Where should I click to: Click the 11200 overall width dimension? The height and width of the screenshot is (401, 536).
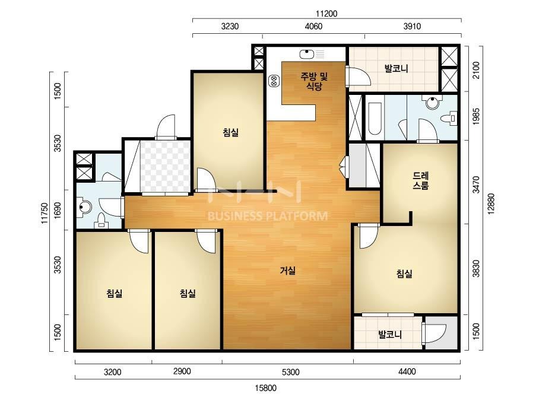pyautogui.click(x=326, y=14)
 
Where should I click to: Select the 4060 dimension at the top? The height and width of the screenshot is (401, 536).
pyautogui.click(x=313, y=26)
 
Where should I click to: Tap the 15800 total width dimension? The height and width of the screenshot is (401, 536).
pyautogui.click(x=265, y=388)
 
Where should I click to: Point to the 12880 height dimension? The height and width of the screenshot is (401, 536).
pyautogui.click(x=491, y=203)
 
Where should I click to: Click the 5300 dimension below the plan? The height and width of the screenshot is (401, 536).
pyautogui.click(x=291, y=372)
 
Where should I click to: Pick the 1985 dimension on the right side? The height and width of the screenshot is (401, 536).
pyautogui.click(x=476, y=116)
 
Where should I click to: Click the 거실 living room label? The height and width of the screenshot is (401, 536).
pyautogui.click(x=287, y=271)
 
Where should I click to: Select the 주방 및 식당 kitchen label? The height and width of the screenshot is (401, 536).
pyautogui.click(x=314, y=81)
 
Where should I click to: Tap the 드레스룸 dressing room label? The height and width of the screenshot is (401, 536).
pyautogui.click(x=420, y=181)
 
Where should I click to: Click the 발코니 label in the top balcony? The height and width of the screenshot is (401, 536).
pyautogui.click(x=396, y=68)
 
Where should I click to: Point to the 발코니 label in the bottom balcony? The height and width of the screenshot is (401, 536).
pyautogui.click(x=390, y=334)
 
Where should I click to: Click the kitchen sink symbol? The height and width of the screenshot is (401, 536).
pyautogui.click(x=307, y=54)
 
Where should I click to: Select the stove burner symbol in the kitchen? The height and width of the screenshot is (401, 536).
pyautogui.click(x=274, y=81)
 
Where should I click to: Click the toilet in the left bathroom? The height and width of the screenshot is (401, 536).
pyautogui.click(x=101, y=220)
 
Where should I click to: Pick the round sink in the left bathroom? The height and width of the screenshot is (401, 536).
pyautogui.click(x=84, y=206)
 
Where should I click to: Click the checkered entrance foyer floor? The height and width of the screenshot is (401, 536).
pyautogui.click(x=165, y=166)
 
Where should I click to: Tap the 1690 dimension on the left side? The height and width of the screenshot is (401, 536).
pyautogui.click(x=58, y=211)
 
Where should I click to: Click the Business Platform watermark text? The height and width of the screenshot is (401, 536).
pyautogui.click(x=268, y=216)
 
